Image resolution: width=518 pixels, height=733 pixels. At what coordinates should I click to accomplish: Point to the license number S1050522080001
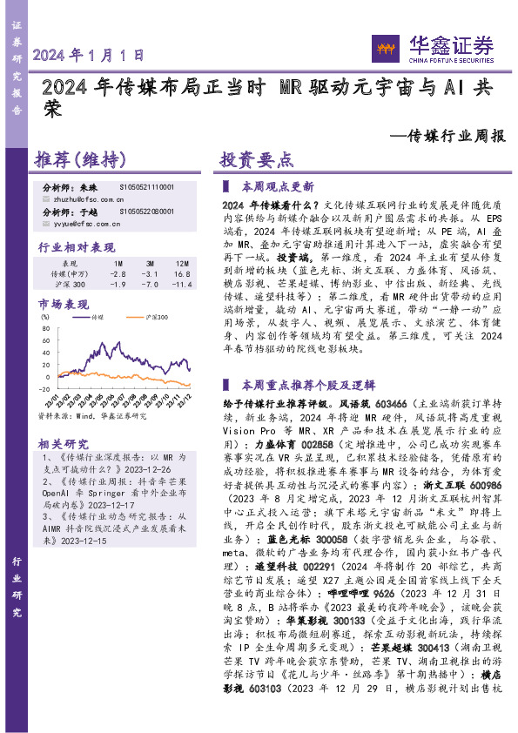147,212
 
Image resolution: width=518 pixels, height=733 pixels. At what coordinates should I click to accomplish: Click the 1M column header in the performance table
118,262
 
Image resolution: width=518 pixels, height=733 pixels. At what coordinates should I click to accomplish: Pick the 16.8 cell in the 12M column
182,273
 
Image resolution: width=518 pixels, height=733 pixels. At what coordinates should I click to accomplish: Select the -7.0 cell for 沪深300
150,285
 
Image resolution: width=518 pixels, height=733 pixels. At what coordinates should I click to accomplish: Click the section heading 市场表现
62,304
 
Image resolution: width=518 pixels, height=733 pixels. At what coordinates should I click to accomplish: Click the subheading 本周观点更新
277,187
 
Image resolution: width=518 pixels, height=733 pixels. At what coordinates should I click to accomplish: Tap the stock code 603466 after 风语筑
389,405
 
